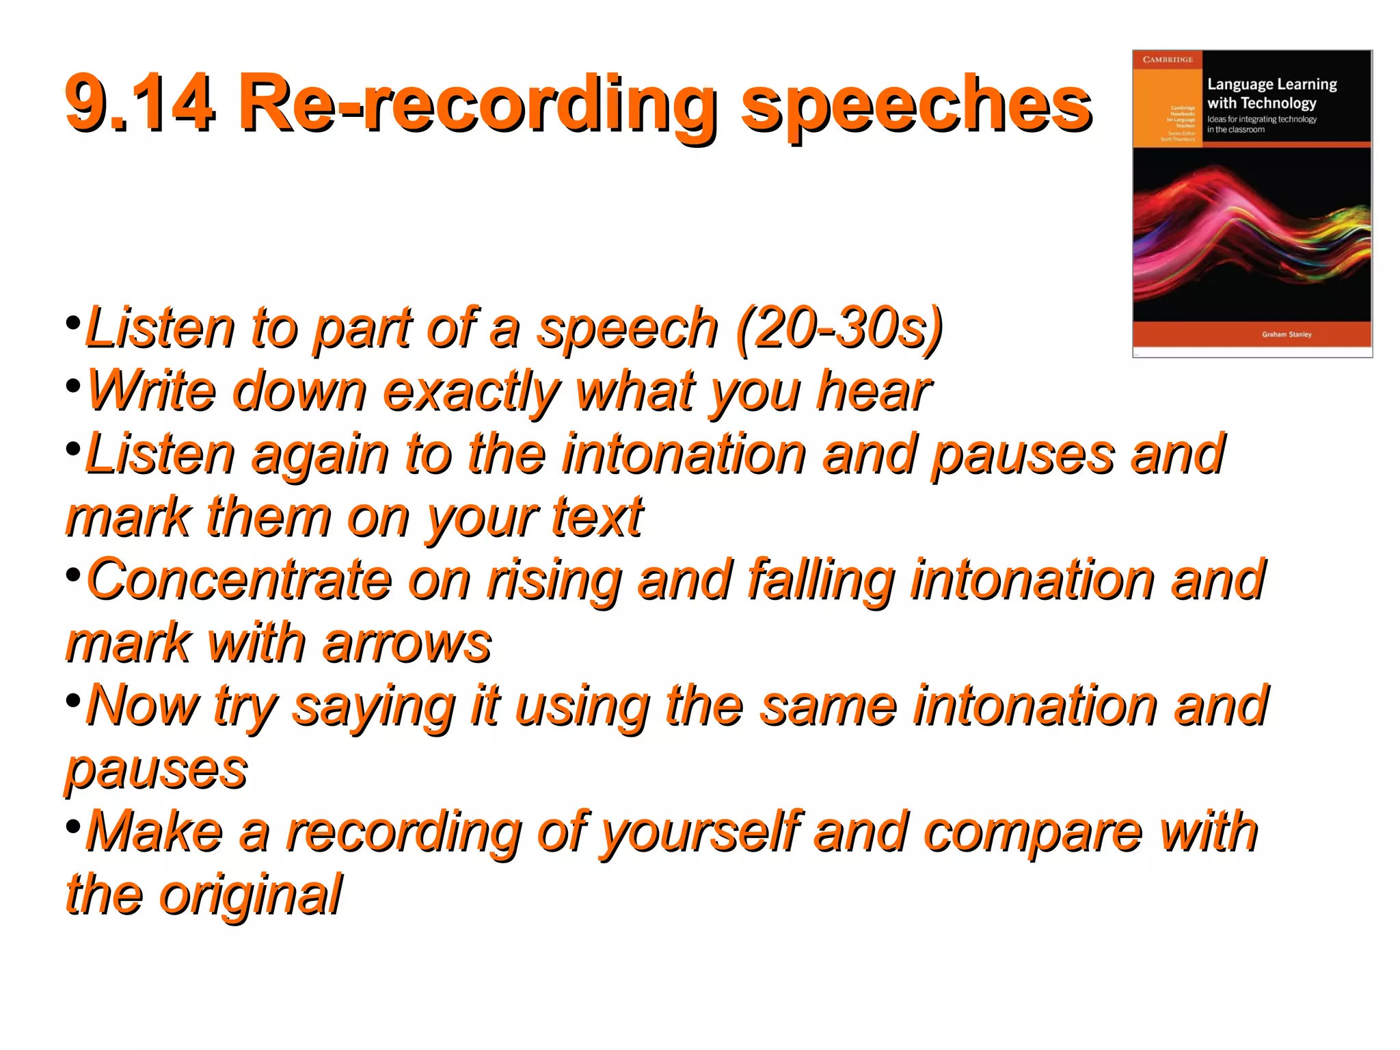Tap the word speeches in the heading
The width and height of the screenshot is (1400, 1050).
click(x=916, y=106)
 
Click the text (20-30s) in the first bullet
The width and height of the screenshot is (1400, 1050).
click(x=839, y=328)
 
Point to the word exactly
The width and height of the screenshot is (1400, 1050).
click(x=471, y=392)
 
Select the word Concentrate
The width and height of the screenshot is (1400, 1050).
click(x=239, y=580)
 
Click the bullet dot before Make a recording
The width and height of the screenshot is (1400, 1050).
click(x=73, y=826)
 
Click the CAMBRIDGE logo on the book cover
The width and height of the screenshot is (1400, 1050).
click(x=1168, y=60)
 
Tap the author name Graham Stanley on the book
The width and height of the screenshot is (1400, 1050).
click(x=1287, y=334)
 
